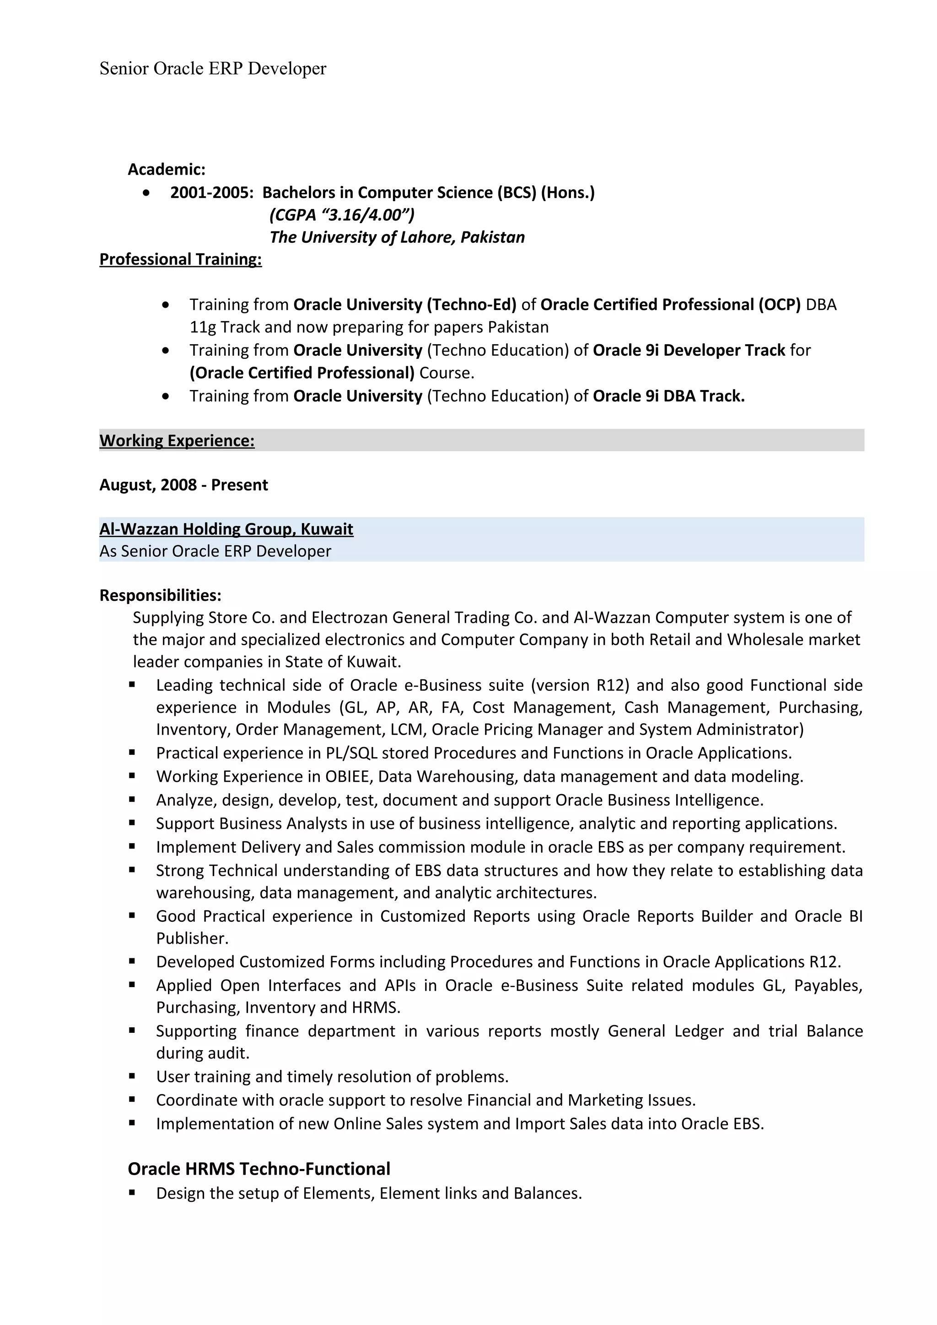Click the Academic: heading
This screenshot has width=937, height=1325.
click(166, 170)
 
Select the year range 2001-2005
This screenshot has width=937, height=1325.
click(211, 193)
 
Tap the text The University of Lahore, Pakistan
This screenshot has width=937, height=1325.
click(397, 237)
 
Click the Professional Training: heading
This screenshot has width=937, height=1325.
click(180, 260)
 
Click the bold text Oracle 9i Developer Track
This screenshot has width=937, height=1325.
click(688, 350)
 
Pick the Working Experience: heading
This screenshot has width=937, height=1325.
click(177, 441)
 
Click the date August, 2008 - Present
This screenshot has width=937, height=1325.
click(183, 485)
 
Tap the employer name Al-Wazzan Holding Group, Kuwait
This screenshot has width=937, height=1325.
click(226, 529)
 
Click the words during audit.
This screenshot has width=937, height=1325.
click(203, 1053)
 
